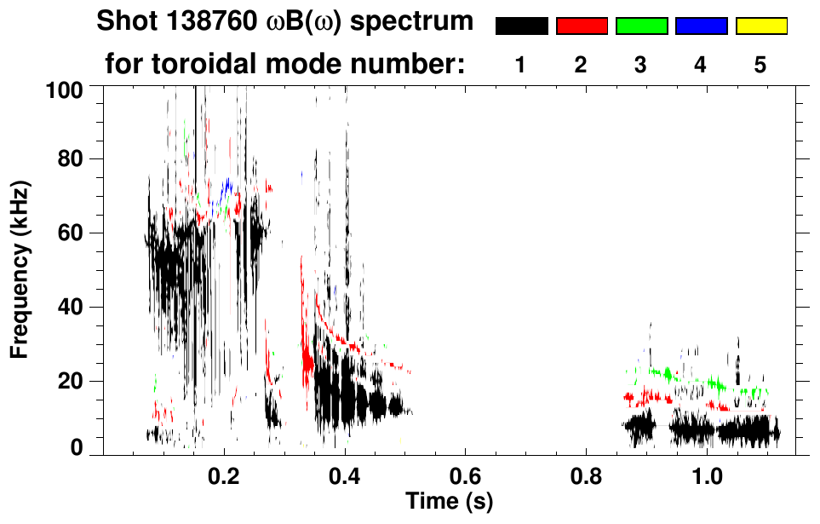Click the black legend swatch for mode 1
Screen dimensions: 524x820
pyautogui.click(x=521, y=26)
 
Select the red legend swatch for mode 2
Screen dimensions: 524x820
pyautogui.click(x=582, y=26)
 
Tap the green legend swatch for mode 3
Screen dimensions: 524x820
pyautogui.click(x=641, y=26)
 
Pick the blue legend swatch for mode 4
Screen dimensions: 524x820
pyautogui.click(x=701, y=26)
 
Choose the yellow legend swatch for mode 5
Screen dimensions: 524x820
pyautogui.click(x=760, y=26)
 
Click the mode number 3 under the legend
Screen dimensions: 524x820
pyautogui.click(x=640, y=66)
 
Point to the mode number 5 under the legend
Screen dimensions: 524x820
pyautogui.click(x=760, y=66)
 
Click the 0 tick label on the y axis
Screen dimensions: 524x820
pyautogui.click(x=76, y=448)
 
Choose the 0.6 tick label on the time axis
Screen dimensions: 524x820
pyautogui.click(x=466, y=476)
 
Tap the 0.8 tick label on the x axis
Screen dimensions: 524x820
pyautogui.click(x=587, y=476)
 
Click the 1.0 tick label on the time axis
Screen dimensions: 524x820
pyautogui.click(x=708, y=476)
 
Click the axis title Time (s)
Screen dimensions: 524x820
pyautogui.click(x=448, y=501)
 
